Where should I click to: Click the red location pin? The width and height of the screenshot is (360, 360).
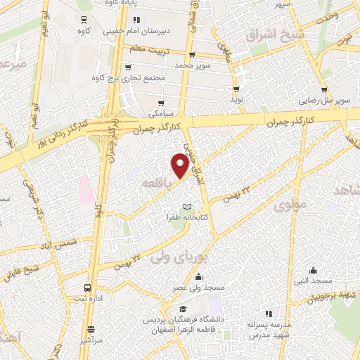point(180,166)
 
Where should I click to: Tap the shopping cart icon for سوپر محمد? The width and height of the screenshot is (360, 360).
point(192,55)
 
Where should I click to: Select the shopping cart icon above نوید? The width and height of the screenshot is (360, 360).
point(236,89)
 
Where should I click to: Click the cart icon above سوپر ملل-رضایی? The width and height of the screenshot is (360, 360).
point(324,90)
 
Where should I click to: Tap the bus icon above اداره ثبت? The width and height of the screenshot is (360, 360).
point(88,288)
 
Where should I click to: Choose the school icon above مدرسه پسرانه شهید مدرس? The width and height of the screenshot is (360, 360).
point(266,314)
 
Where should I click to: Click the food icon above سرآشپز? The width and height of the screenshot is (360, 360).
point(90,328)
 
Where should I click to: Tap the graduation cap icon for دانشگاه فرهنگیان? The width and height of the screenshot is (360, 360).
point(183,309)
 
